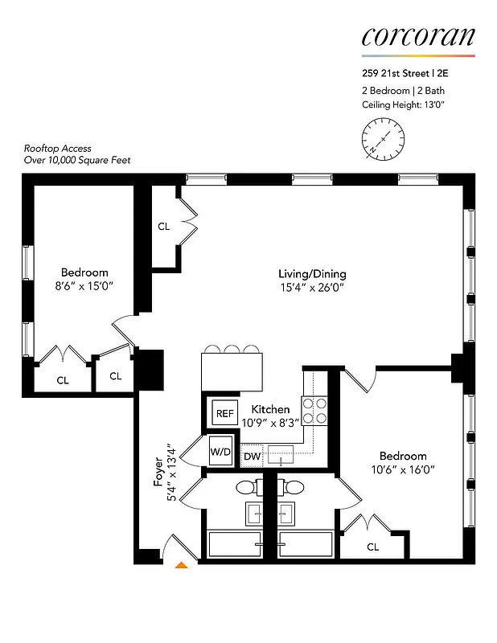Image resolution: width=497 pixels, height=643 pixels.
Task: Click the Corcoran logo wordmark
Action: click(417, 36)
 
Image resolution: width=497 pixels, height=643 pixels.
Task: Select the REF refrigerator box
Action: click(224, 413)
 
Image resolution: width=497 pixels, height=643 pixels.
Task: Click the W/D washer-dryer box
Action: click(220, 451)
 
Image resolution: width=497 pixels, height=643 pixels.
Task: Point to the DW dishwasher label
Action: click(252, 457)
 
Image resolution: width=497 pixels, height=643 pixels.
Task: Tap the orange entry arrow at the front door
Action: click(182, 567)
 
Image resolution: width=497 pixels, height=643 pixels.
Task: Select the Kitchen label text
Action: click(271, 409)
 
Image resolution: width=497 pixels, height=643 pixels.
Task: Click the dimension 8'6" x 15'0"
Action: click(84, 286)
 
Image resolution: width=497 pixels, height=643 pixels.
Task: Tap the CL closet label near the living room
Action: click(164, 227)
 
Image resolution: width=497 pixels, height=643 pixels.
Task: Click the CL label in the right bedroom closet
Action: click(372, 547)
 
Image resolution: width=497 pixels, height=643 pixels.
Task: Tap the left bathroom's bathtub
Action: click(235, 543)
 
